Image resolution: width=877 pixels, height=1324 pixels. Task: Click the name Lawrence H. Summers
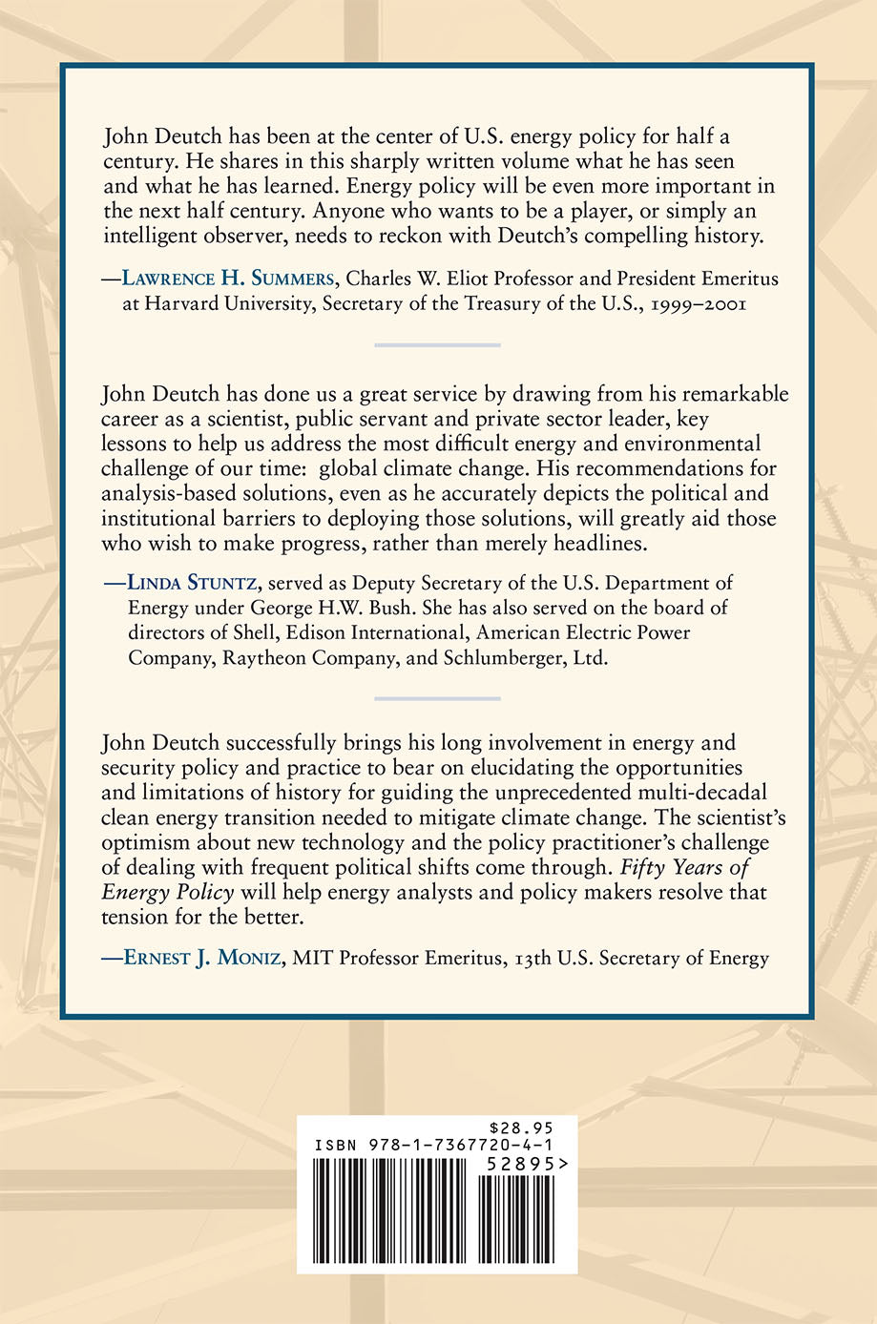pyautogui.click(x=227, y=279)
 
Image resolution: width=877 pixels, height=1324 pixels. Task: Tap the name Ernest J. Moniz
pyautogui.click(x=201, y=958)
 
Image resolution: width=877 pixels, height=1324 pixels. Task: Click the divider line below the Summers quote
pyautogui.click(x=437, y=344)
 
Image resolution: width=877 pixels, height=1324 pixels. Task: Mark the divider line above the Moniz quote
pyautogui.click(x=437, y=698)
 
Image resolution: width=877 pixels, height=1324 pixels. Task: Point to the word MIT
pyautogui.click(x=311, y=958)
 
